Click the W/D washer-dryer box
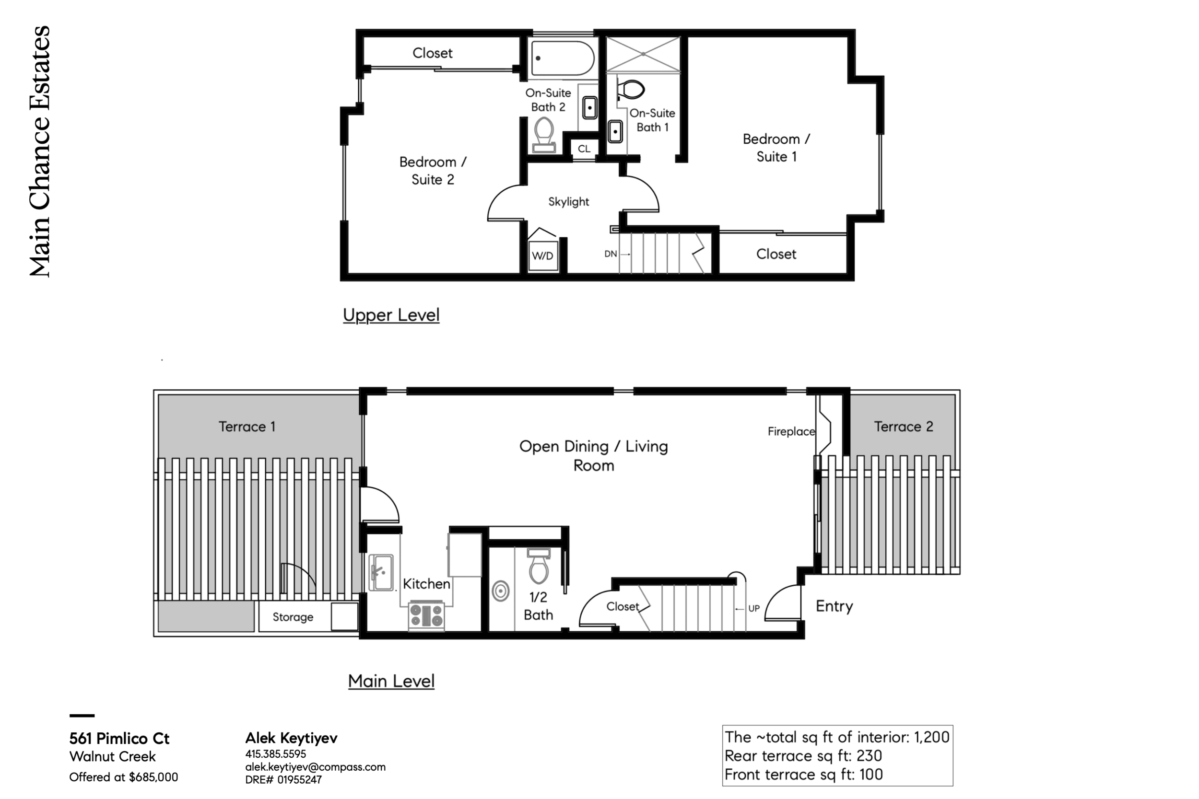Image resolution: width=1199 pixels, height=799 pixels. [x=542, y=255]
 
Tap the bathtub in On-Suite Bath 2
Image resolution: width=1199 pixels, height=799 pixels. [x=562, y=58]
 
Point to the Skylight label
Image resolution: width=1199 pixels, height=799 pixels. [x=568, y=202]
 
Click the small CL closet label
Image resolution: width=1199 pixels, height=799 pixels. [x=584, y=149]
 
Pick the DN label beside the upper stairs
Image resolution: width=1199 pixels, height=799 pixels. [x=611, y=254]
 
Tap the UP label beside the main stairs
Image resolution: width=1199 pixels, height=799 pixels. [x=754, y=608]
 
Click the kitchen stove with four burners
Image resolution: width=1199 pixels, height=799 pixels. [x=426, y=615]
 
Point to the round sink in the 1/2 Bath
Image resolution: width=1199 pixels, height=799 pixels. [x=501, y=591]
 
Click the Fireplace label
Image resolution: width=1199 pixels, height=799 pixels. [x=791, y=431]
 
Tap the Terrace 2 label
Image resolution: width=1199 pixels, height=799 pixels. [x=904, y=427]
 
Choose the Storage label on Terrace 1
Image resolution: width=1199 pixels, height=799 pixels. [x=293, y=617]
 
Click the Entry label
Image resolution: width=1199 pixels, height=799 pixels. [x=834, y=606]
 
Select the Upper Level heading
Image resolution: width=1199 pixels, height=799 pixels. [x=391, y=315]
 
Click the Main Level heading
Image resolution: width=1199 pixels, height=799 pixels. [x=391, y=681]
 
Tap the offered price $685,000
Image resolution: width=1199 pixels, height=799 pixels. [x=153, y=777]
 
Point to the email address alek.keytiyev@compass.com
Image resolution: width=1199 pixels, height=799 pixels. [x=316, y=767]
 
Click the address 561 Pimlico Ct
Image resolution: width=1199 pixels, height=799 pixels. [x=119, y=738]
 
